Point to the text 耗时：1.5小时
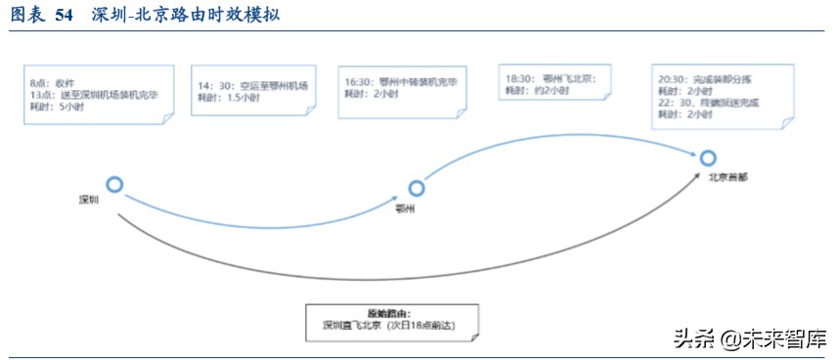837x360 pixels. [x=228, y=98]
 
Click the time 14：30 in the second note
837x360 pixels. [x=214, y=85]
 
